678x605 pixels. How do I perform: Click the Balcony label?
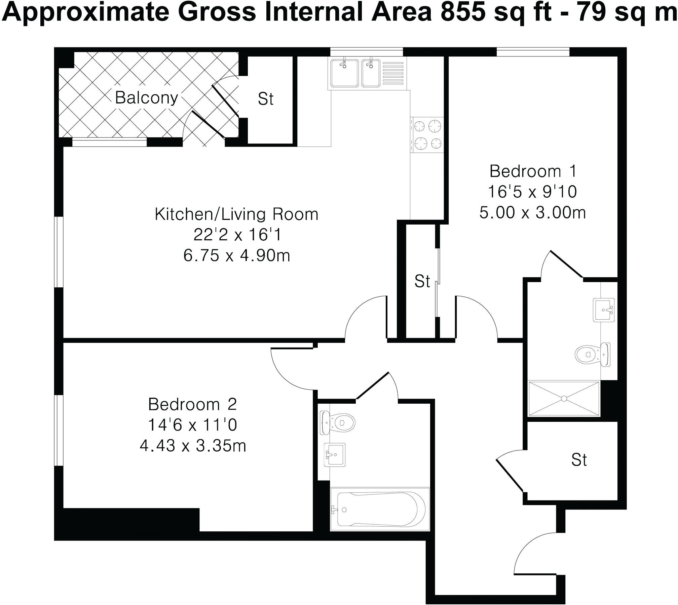pyautogui.click(x=146, y=98)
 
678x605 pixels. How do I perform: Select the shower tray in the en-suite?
pyautogui.click(x=564, y=399)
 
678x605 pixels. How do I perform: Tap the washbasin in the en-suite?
pyautogui.click(x=604, y=310)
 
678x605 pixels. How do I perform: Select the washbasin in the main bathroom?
pyautogui.click(x=334, y=455)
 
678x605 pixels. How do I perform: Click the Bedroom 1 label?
pyautogui.click(x=533, y=171)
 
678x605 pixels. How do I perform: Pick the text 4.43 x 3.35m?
pyautogui.click(x=193, y=446)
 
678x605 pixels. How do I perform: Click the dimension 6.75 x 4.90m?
pyautogui.click(x=236, y=256)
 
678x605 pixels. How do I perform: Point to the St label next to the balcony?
pyautogui.click(x=266, y=99)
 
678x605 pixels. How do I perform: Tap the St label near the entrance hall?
pyautogui.click(x=579, y=460)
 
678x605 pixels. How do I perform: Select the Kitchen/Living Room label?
pyautogui.click(x=236, y=214)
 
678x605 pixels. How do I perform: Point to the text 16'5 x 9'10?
pyautogui.click(x=532, y=192)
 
